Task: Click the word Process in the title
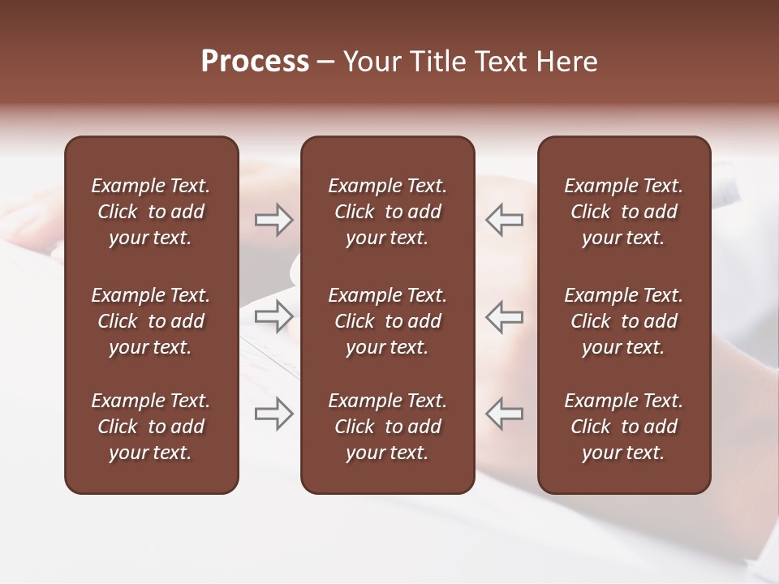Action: [255, 62]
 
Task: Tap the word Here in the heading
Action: [566, 62]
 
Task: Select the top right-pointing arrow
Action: [274, 220]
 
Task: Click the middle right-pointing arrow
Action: [274, 316]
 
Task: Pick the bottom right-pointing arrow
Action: [274, 414]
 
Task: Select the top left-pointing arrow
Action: [505, 220]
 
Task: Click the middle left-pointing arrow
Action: [505, 316]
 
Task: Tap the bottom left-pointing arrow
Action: [505, 414]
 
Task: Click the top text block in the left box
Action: [151, 212]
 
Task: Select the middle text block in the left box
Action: [151, 321]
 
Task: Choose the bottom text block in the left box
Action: [151, 427]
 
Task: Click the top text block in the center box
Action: [388, 212]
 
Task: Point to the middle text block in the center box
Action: [388, 321]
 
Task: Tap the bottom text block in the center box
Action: [388, 427]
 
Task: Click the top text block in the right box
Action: [624, 212]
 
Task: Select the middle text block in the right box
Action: [624, 321]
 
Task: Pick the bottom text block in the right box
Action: [624, 427]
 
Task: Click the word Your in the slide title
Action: [372, 62]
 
